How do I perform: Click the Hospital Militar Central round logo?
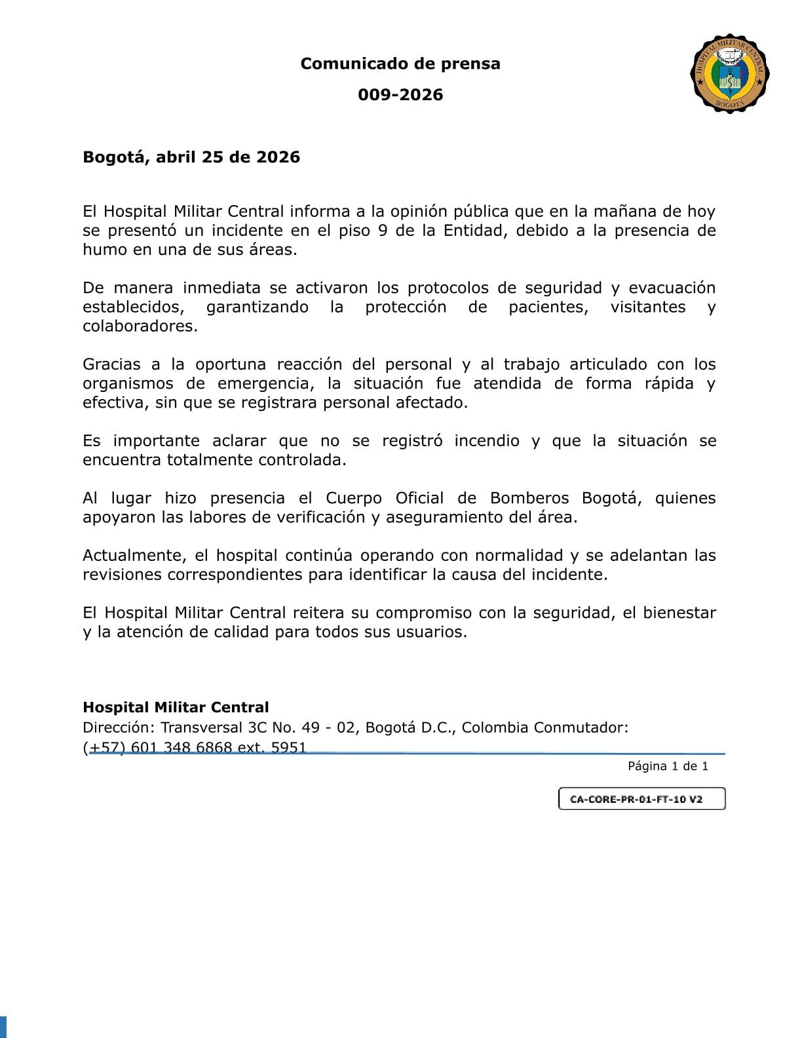pos(729,73)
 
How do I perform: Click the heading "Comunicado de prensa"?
pos(400,64)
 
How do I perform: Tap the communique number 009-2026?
pos(400,94)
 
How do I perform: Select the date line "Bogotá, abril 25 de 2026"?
pos(191,157)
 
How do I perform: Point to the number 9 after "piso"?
pos(382,231)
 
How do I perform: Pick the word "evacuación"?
pos(672,288)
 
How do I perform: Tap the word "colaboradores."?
pos(140,326)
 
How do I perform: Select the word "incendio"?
pos(487,440)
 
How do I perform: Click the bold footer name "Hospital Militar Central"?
pos(176,707)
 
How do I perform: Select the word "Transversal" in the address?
pos(201,727)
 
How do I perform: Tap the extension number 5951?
pos(288,747)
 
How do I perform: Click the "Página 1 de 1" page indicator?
pos(668,766)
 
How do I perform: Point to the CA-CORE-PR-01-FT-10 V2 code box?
pos(641,799)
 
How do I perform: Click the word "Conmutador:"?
pos(581,727)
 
